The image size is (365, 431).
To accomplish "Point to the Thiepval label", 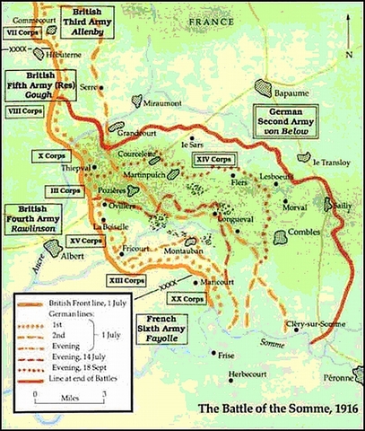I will (76, 169).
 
